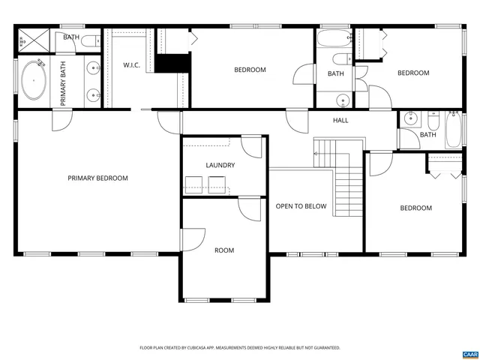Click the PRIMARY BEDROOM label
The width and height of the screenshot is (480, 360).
click(x=97, y=178)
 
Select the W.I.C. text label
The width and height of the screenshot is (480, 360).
click(x=132, y=65)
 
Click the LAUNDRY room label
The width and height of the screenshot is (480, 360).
click(x=220, y=165)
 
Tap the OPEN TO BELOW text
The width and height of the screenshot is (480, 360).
click(x=301, y=206)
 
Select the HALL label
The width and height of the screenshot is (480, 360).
click(x=340, y=120)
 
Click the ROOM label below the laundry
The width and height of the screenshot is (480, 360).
click(x=224, y=250)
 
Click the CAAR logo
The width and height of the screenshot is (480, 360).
click(x=469, y=353)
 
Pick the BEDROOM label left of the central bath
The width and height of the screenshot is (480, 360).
click(x=250, y=70)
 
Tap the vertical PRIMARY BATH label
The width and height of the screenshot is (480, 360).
click(x=63, y=82)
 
